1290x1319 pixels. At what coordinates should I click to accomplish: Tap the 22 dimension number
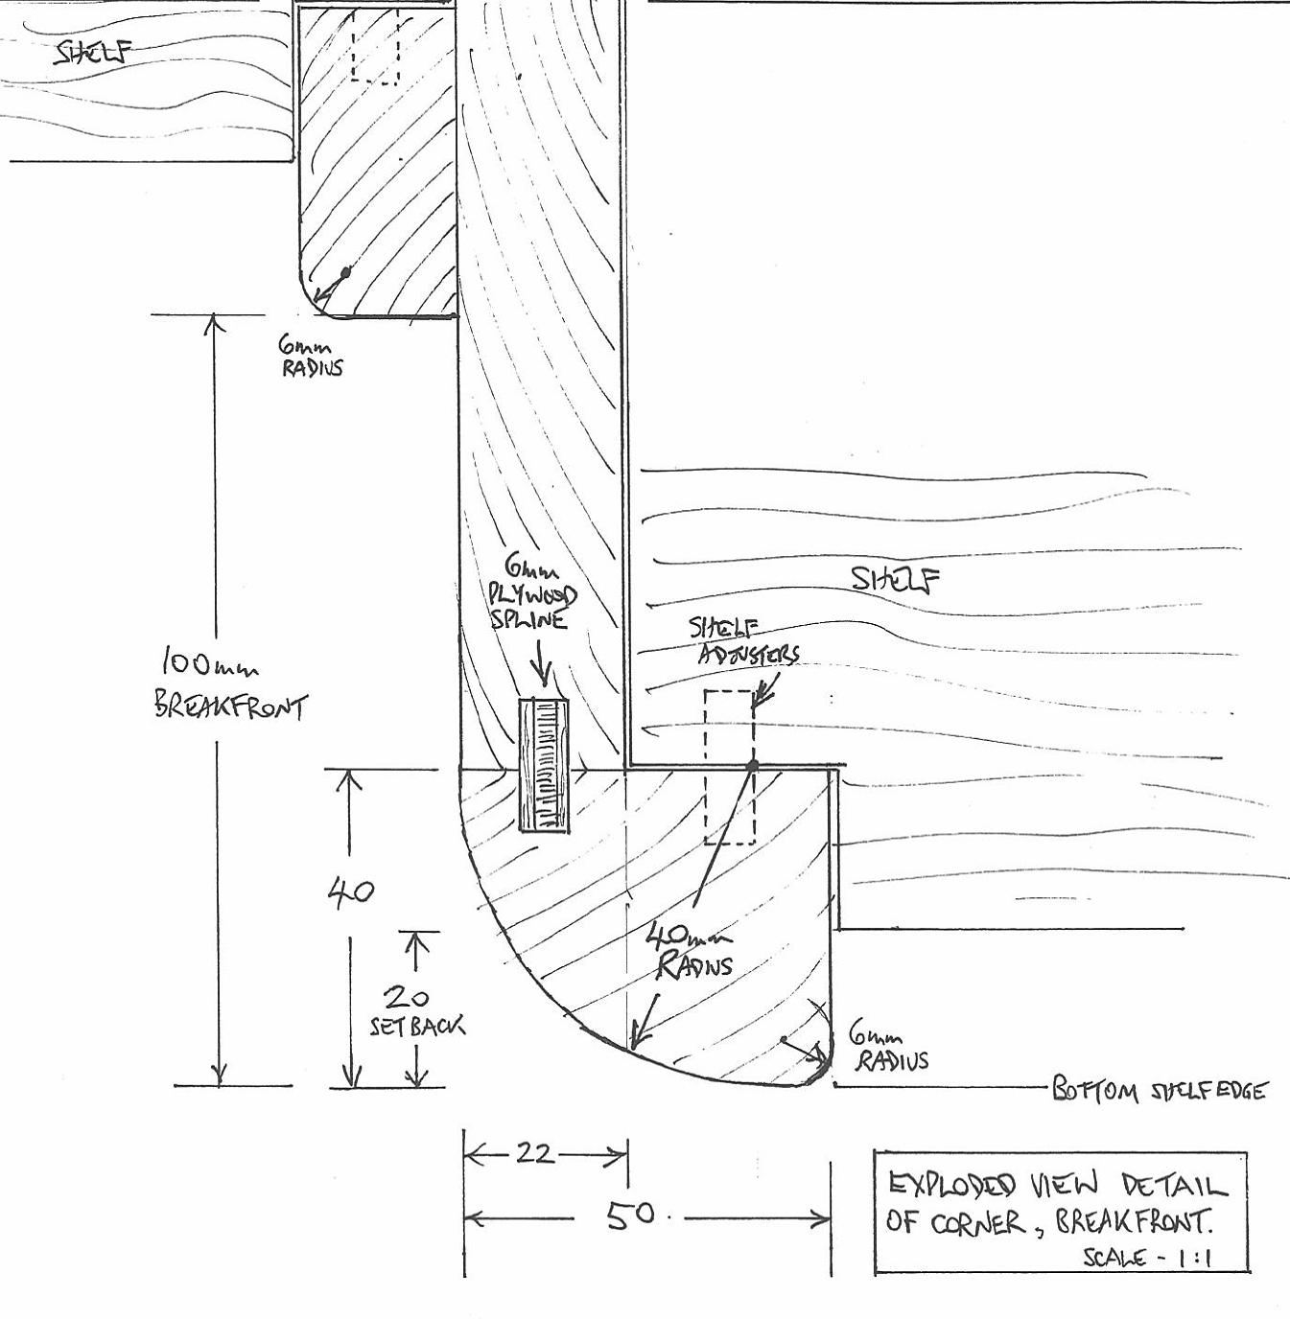point(534,1152)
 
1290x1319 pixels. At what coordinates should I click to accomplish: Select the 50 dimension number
point(630,1215)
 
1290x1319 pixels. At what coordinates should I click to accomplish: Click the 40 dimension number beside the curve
point(351,892)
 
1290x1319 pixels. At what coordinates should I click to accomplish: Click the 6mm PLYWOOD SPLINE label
point(533,593)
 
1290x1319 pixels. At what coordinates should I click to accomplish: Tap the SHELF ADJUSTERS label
point(743,641)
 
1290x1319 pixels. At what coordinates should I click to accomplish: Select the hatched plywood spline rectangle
point(544,765)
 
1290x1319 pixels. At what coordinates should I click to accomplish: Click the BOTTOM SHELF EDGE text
point(1159,1090)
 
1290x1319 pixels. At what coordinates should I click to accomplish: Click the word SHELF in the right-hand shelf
point(895,578)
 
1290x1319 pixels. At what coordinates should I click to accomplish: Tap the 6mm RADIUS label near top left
point(310,356)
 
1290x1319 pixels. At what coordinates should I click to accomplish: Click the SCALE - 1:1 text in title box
point(1146,1257)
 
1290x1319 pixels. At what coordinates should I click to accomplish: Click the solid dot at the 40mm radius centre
point(753,766)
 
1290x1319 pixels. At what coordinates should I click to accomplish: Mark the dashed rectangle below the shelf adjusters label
point(729,767)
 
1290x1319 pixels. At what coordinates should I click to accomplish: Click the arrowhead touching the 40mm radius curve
point(636,1043)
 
